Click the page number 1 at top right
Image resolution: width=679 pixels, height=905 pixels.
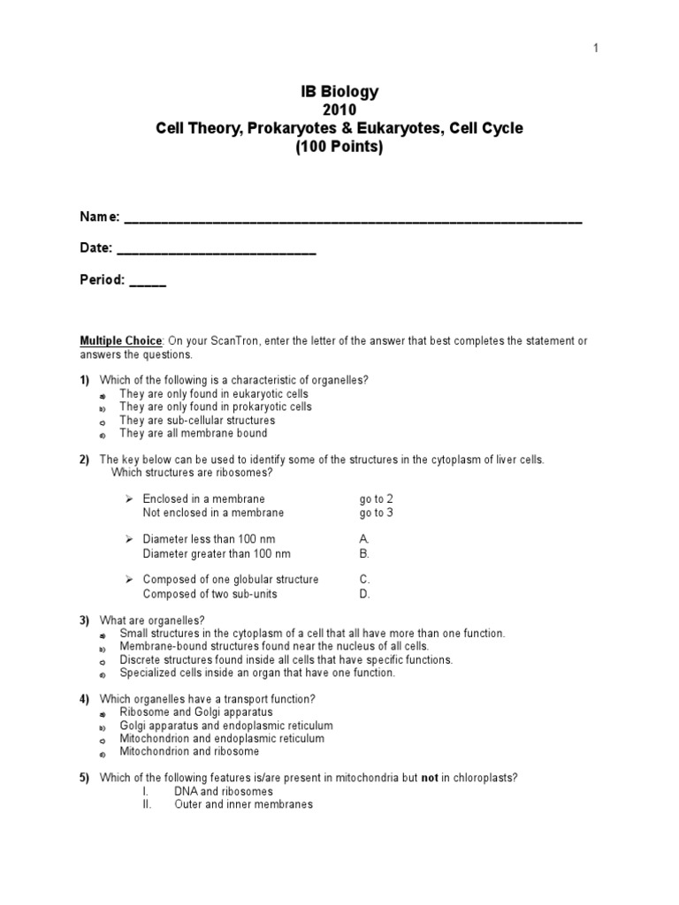596,49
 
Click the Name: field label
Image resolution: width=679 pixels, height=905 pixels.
99,218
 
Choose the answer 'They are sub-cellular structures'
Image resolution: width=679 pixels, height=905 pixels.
197,421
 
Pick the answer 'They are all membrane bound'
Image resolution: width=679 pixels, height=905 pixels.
193,434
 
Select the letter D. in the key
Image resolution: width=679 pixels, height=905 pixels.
364,594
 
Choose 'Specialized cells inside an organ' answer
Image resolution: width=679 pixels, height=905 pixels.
257,673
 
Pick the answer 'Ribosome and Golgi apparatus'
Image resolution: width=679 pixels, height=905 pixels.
196,711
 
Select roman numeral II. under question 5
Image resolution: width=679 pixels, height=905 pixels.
149,805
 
